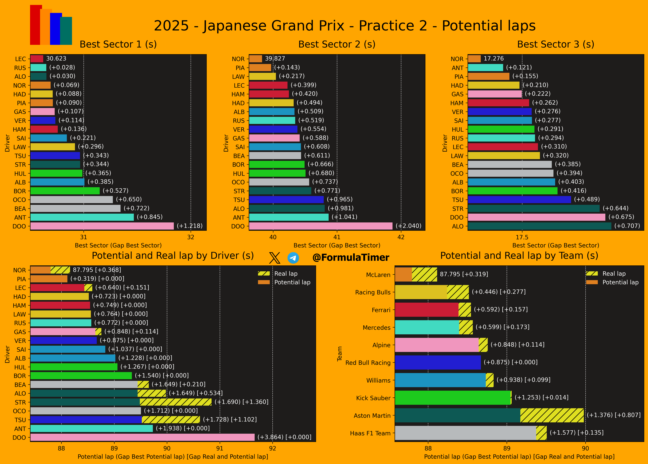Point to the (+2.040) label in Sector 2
click(408, 226)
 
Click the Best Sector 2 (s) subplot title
click(336, 44)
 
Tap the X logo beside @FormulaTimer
click(275, 258)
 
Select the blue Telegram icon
click(293, 258)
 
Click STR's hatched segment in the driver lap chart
click(175, 402)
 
